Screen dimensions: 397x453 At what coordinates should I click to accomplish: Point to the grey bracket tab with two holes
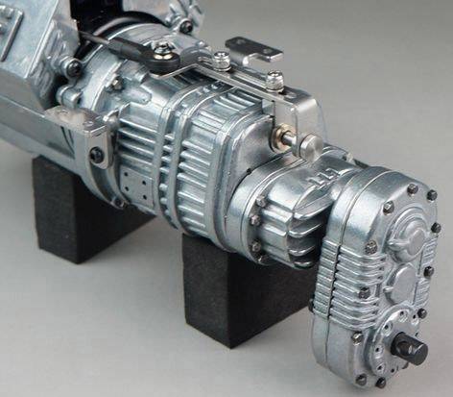click(x=252, y=49)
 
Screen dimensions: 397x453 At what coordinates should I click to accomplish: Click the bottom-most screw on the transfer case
click(x=380, y=382)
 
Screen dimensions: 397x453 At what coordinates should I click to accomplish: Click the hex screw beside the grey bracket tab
click(x=222, y=61)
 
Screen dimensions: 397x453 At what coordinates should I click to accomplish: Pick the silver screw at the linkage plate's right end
click(x=275, y=81)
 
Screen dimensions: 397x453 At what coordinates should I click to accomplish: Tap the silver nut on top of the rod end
click(x=185, y=26)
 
